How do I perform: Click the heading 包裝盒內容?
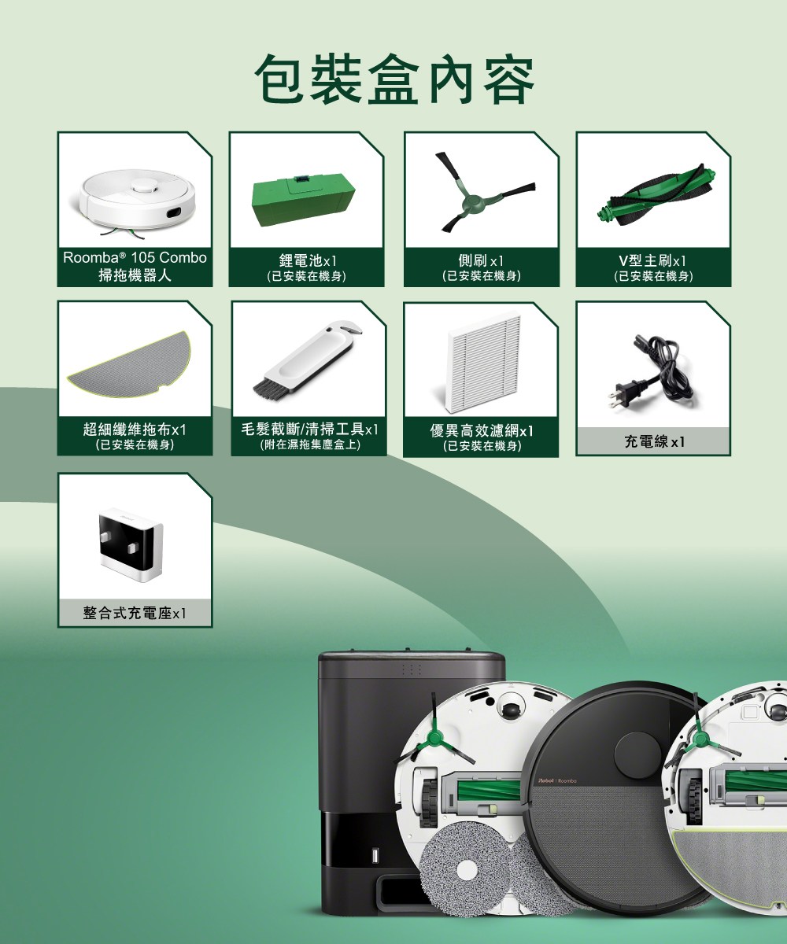pyautogui.click(x=394, y=79)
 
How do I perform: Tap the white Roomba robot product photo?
pyautogui.click(x=139, y=201)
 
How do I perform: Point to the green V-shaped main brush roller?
pyautogui.click(x=656, y=195)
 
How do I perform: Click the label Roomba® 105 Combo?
pyautogui.click(x=135, y=257)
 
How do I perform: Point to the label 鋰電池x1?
pyautogui.click(x=308, y=260)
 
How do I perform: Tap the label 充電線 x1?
pyautogui.click(x=654, y=441)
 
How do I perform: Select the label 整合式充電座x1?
pyautogui.click(x=135, y=613)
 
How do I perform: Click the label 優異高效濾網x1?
pyautogui.click(x=482, y=431)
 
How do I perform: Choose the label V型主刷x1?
pyautogui.click(x=652, y=260)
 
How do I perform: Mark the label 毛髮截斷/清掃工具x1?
pyautogui.click(x=309, y=429)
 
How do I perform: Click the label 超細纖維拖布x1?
pyautogui.click(x=135, y=429)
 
